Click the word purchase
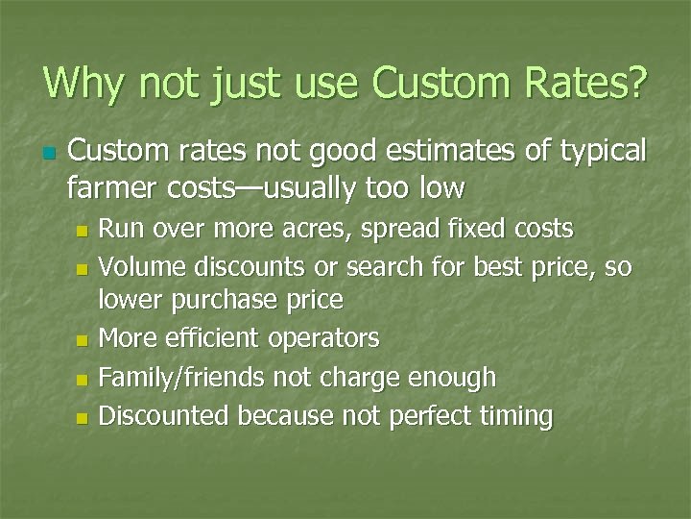(226, 300)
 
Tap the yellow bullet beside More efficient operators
(82, 340)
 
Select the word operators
(325, 338)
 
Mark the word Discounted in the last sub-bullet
(165, 416)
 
